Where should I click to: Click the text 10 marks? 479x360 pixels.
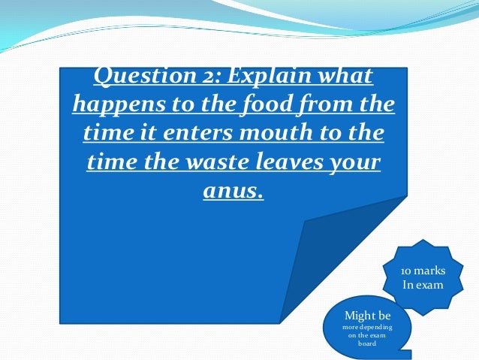pyautogui.click(x=423, y=271)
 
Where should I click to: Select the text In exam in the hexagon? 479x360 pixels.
pyautogui.click(x=423, y=285)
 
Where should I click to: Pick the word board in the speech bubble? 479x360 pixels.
pyautogui.click(x=366, y=343)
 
